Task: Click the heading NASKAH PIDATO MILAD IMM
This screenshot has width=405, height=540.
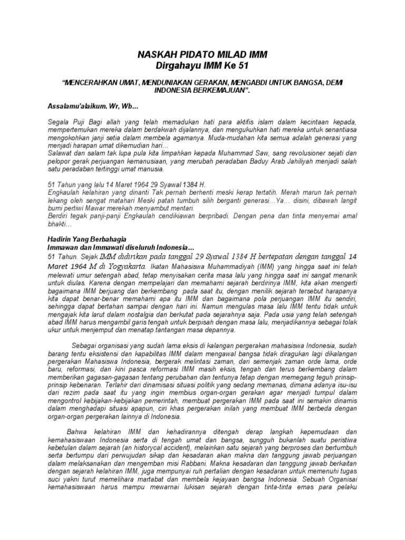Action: [x=202, y=54]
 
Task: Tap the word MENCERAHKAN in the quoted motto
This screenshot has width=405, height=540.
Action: [x=90, y=83]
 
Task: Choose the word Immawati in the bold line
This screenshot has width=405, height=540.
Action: [x=113, y=247]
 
